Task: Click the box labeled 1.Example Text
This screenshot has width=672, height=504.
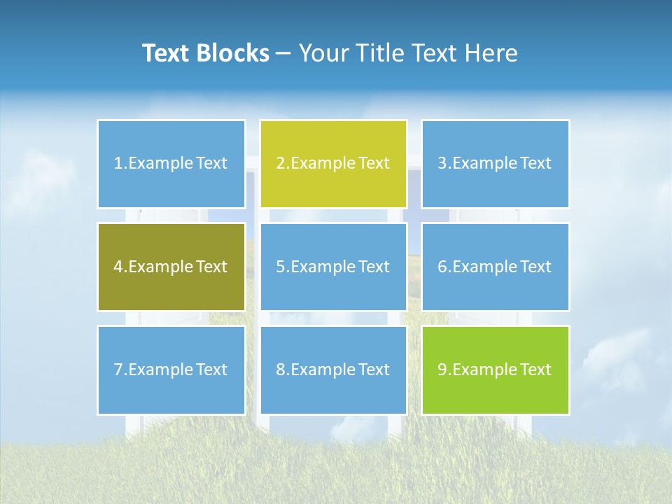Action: (x=171, y=164)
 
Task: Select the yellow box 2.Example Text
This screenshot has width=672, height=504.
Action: (x=332, y=164)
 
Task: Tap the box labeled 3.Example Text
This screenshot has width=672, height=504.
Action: (x=495, y=164)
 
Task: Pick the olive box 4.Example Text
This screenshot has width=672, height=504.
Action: (x=171, y=267)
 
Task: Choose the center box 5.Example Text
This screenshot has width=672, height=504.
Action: (x=332, y=267)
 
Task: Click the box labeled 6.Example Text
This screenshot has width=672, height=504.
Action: (x=495, y=267)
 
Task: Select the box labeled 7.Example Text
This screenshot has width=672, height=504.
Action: (x=171, y=370)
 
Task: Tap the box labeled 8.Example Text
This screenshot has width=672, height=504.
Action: (x=332, y=370)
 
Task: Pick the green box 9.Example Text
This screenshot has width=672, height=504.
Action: (x=495, y=370)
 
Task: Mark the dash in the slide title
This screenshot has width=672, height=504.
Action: (x=283, y=53)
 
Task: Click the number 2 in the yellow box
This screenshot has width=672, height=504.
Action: (x=280, y=164)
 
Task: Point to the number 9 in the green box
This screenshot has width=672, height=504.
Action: (x=442, y=370)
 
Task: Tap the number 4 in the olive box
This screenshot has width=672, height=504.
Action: (x=118, y=267)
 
